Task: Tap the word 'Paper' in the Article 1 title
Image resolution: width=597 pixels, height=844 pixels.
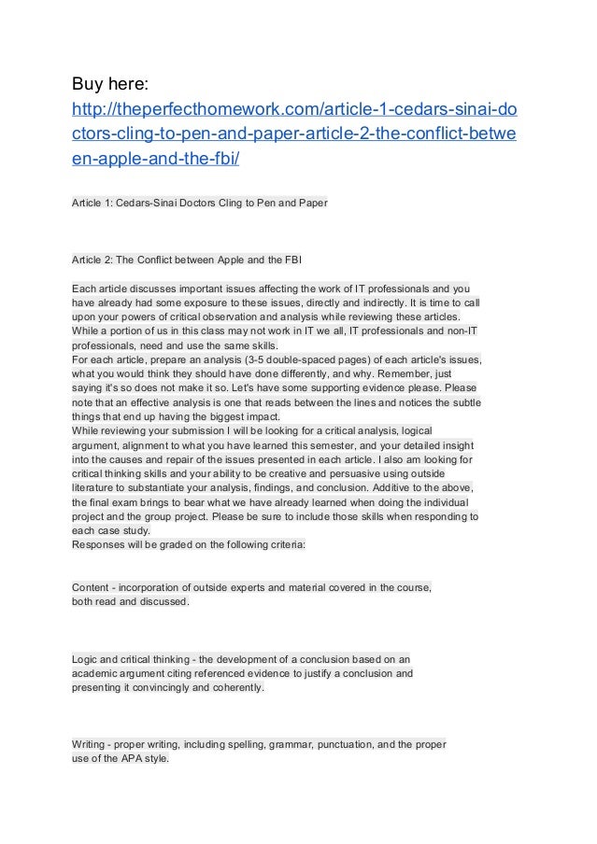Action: coord(309,203)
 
